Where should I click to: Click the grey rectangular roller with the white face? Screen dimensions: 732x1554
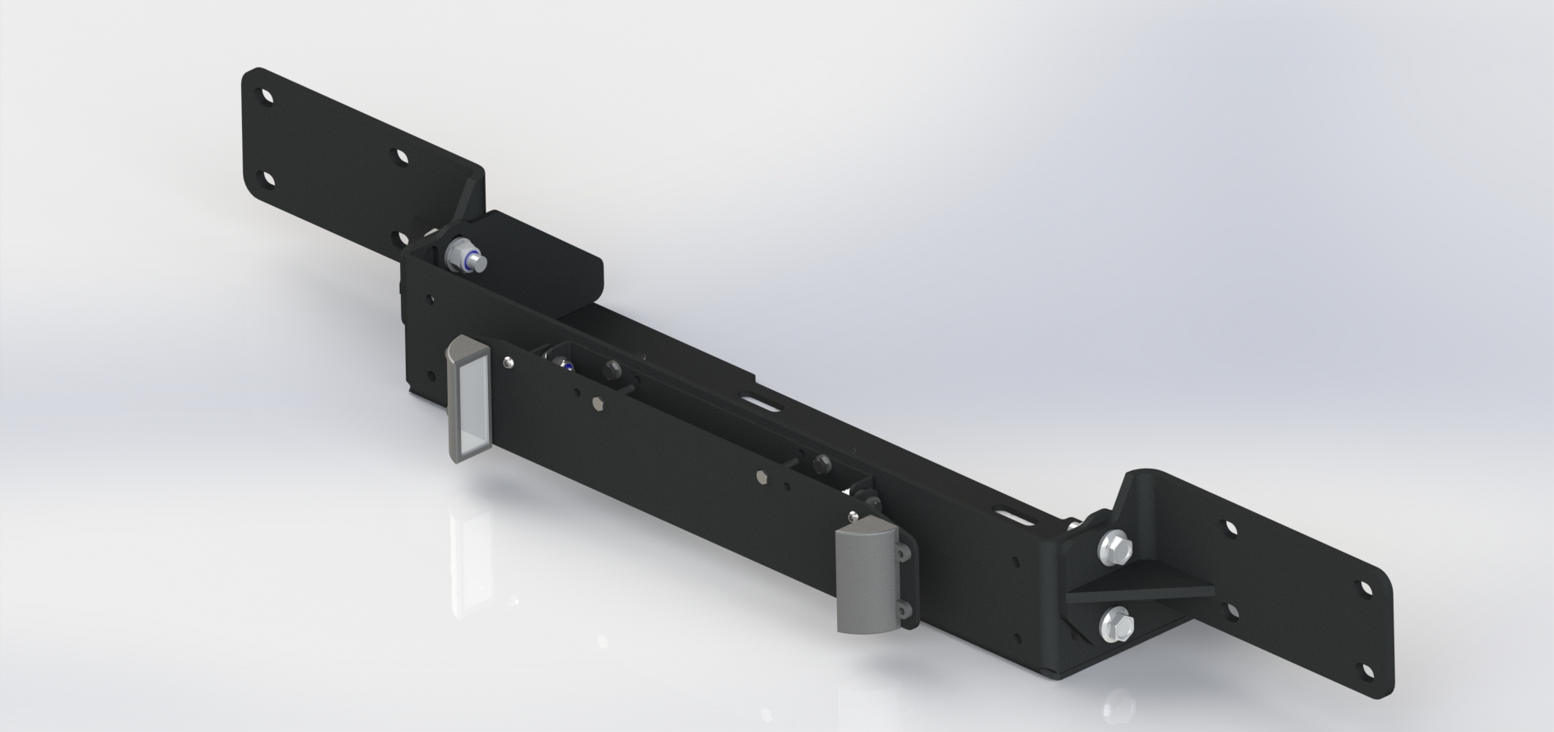tap(468, 404)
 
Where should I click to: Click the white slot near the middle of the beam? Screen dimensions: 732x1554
tap(761, 403)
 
